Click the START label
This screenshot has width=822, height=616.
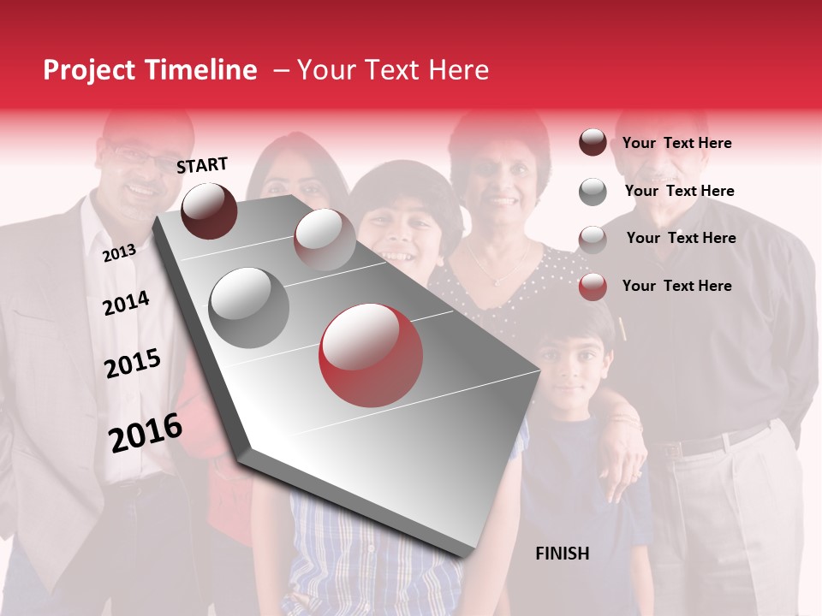tap(202, 165)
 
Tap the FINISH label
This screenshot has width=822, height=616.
tap(562, 554)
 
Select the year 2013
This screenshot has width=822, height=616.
tap(119, 253)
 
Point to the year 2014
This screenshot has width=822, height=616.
tap(126, 303)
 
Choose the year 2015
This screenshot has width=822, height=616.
tap(133, 364)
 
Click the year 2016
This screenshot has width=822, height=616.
tap(146, 433)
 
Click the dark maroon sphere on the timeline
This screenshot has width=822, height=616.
tap(209, 210)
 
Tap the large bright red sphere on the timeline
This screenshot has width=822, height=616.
tap(371, 355)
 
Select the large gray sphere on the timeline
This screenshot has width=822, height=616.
tap(249, 308)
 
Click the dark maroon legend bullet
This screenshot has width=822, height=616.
tap(593, 143)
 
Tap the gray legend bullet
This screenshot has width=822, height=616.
tap(593, 192)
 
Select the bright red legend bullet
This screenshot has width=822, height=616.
tap(593, 287)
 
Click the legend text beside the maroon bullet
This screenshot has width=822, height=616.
tap(676, 143)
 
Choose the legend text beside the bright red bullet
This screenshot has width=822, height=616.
tap(676, 286)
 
